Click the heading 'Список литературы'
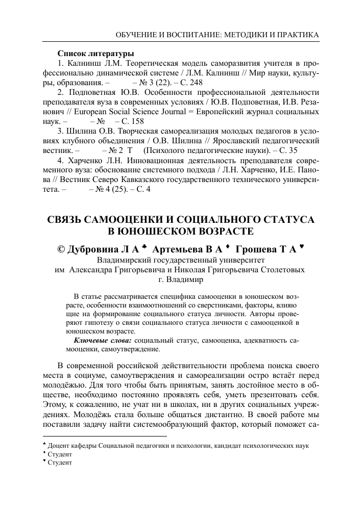95,54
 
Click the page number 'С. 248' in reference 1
189,83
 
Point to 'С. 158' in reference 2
133,121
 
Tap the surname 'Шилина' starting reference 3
82,131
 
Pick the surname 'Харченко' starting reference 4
85,160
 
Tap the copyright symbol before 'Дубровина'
62,250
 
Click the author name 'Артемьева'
178,250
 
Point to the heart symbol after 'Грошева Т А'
302,247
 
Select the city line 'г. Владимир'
181,280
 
